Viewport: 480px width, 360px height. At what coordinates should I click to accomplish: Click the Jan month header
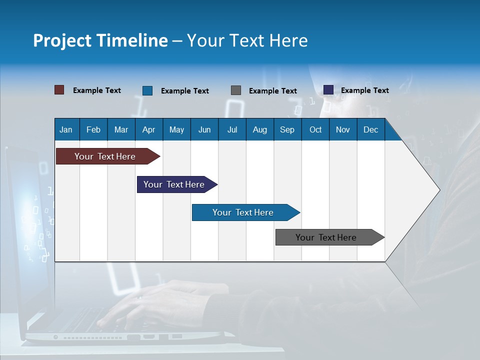click(x=66, y=129)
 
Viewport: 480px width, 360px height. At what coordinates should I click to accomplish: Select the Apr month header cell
click(x=149, y=129)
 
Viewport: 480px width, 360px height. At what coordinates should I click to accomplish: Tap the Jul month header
click(x=232, y=129)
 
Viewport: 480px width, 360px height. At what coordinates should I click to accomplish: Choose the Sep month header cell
click(x=287, y=129)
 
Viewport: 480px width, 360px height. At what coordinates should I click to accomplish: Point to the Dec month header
click(x=371, y=129)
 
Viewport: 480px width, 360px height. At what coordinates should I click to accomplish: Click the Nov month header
click(x=343, y=129)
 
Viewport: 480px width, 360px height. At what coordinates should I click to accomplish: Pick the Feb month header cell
click(x=93, y=129)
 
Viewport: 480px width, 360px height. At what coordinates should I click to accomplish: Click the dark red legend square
click(x=59, y=90)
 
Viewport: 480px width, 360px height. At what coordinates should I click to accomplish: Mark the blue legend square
click(x=147, y=90)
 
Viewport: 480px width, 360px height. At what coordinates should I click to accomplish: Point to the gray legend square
click(x=236, y=90)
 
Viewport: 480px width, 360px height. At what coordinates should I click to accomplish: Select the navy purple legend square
click(x=328, y=90)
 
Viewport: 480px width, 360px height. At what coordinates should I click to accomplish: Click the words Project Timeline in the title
click(x=100, y=40)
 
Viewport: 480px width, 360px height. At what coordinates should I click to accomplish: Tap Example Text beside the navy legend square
click(x=364, y=90)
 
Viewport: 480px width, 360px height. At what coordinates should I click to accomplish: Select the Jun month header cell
click(x=204, y=129)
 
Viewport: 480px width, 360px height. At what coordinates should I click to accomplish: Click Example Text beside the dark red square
click(x=97, y=90)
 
